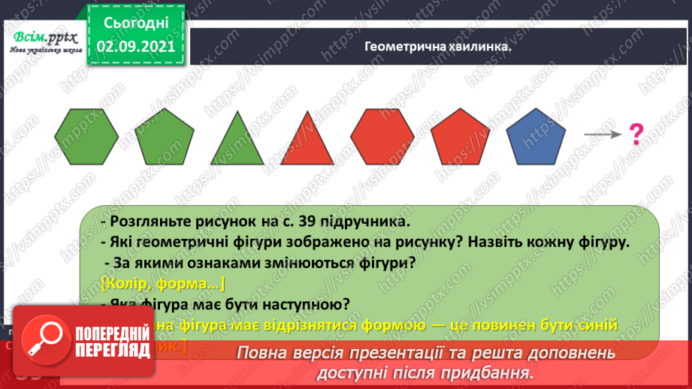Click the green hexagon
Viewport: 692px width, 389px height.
(x=86, y=136)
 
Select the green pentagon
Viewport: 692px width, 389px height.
(x=165, y=137)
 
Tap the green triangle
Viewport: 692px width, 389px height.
(x=237, y=140)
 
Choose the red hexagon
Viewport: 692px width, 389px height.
(x=382, y=136)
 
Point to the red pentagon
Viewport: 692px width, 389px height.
(x=461, y=137)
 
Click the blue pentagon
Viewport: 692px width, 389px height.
(x=536, y=137)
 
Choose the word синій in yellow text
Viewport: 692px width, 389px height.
(x=597, y=324)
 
